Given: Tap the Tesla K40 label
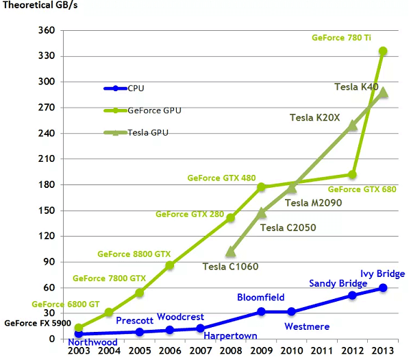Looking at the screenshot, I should [356, 87].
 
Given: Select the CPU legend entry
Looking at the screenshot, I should [136, 88].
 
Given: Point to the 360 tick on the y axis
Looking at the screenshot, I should [46, 31].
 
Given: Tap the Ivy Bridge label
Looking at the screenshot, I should [382, 274].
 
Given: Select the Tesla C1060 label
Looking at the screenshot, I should [231, 266].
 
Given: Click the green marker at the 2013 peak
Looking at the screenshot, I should [383, 51].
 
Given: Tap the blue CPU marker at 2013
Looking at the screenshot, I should [383, 288].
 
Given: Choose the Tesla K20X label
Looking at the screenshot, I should [315, 118].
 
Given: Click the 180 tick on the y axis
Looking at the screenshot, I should [46, 184].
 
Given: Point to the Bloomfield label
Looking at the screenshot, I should [260, 298].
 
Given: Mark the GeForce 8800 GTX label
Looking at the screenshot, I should [134, 254].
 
